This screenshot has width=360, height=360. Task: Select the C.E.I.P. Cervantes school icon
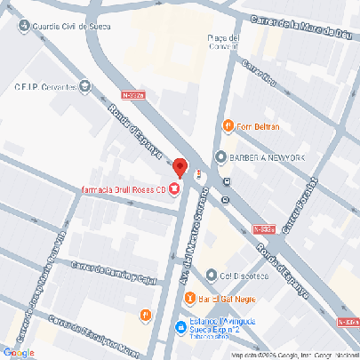click(85, 86)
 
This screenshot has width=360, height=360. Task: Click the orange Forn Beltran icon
click(228, 126)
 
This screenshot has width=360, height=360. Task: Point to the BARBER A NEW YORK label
click(267, 157)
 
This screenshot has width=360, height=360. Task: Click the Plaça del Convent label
click(223, 43)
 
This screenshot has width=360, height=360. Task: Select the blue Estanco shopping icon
click(180, 325)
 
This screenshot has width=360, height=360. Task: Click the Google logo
click(19, 352)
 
